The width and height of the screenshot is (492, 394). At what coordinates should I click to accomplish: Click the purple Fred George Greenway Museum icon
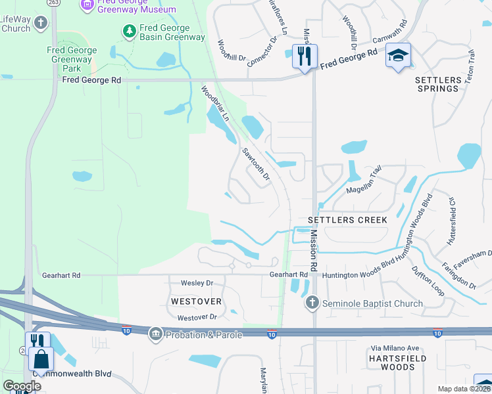pyautogui.click(x=86, y=5)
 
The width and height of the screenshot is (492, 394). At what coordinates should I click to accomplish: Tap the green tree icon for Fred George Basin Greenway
pyautogui.click(x=130, y=31)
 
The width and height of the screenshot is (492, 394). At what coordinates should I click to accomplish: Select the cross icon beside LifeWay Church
pyautogui.click(x=41, y=24)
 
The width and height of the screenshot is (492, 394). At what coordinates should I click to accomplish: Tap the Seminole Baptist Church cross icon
pyautogui.click(x=312, y=303)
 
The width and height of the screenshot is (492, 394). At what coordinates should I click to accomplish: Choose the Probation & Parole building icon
pyautogui.click(x=156, y=334)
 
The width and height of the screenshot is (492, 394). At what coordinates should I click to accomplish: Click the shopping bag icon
pyautogui.click(x=41, y=359)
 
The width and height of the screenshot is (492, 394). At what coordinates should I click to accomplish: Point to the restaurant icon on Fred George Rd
pyautogui.click(x=304, y=56)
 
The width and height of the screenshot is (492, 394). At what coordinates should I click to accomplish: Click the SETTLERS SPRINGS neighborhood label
pyautogui.click(x=437, y=84)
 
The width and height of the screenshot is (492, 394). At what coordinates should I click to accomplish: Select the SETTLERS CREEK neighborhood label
pyautogui.click(x=347, y=220)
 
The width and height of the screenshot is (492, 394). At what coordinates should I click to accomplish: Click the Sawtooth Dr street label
pyautogui.click(x=256, y=164)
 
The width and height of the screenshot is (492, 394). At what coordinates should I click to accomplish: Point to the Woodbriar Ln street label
pyautogui.click(x=214, y=104)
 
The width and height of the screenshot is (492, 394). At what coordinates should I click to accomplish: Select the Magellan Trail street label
pyautogui.click(x=364, y=181)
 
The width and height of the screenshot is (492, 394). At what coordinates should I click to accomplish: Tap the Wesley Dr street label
pyautogui.click(x=197, y=283)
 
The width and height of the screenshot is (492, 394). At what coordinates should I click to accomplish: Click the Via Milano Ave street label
pyautogui.click(x=396, y=348)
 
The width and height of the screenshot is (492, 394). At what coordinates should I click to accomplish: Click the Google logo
pyautogui.click(x=21, y=386)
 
